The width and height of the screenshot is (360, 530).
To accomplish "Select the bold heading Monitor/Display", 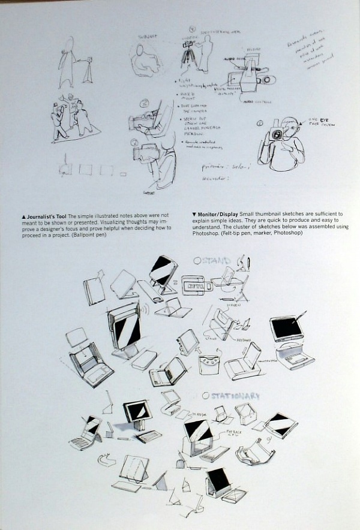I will pyautogui.click(x=218, y=214).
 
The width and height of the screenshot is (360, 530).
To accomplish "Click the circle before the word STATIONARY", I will pyautogui.click(x=205, y=396).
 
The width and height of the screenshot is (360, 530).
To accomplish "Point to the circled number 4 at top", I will pyautogui.click(x=192, y=28).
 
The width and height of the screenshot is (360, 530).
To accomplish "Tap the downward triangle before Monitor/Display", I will pyautogui.click(x=194, y=214).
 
